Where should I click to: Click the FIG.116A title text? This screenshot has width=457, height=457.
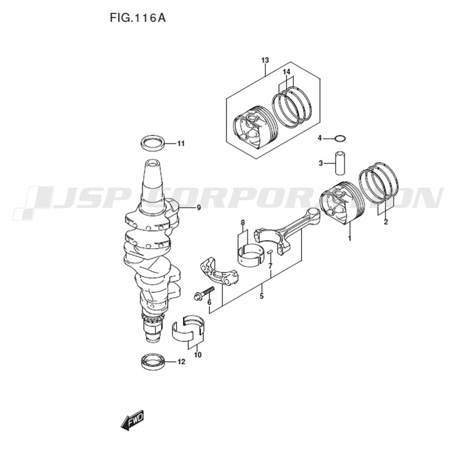(x=138, y=18)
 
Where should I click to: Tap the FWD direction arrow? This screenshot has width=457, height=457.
(x=133, y=420)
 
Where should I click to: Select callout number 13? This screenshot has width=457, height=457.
(x=265, y=60)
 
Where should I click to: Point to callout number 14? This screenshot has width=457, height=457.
(x=287, y=72)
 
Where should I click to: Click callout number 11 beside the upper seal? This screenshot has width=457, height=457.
(x=181, y=143)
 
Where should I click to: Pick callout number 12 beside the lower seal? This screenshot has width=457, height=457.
(x=181, y=361)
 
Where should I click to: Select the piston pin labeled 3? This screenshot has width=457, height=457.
(x=340, y=163)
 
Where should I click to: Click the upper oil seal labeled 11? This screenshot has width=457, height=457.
(x=153, y=143)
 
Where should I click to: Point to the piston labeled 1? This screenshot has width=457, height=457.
(x=342, y=203)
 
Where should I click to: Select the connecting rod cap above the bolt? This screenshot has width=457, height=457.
(x=219, y=271)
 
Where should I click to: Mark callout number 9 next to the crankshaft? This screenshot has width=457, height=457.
(x=199, y=208)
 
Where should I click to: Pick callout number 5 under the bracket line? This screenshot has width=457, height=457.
(x=261, y=296)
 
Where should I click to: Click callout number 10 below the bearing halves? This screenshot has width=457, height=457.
(x=197, y=355)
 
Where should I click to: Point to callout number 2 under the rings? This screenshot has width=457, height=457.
(x=386, y=222)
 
